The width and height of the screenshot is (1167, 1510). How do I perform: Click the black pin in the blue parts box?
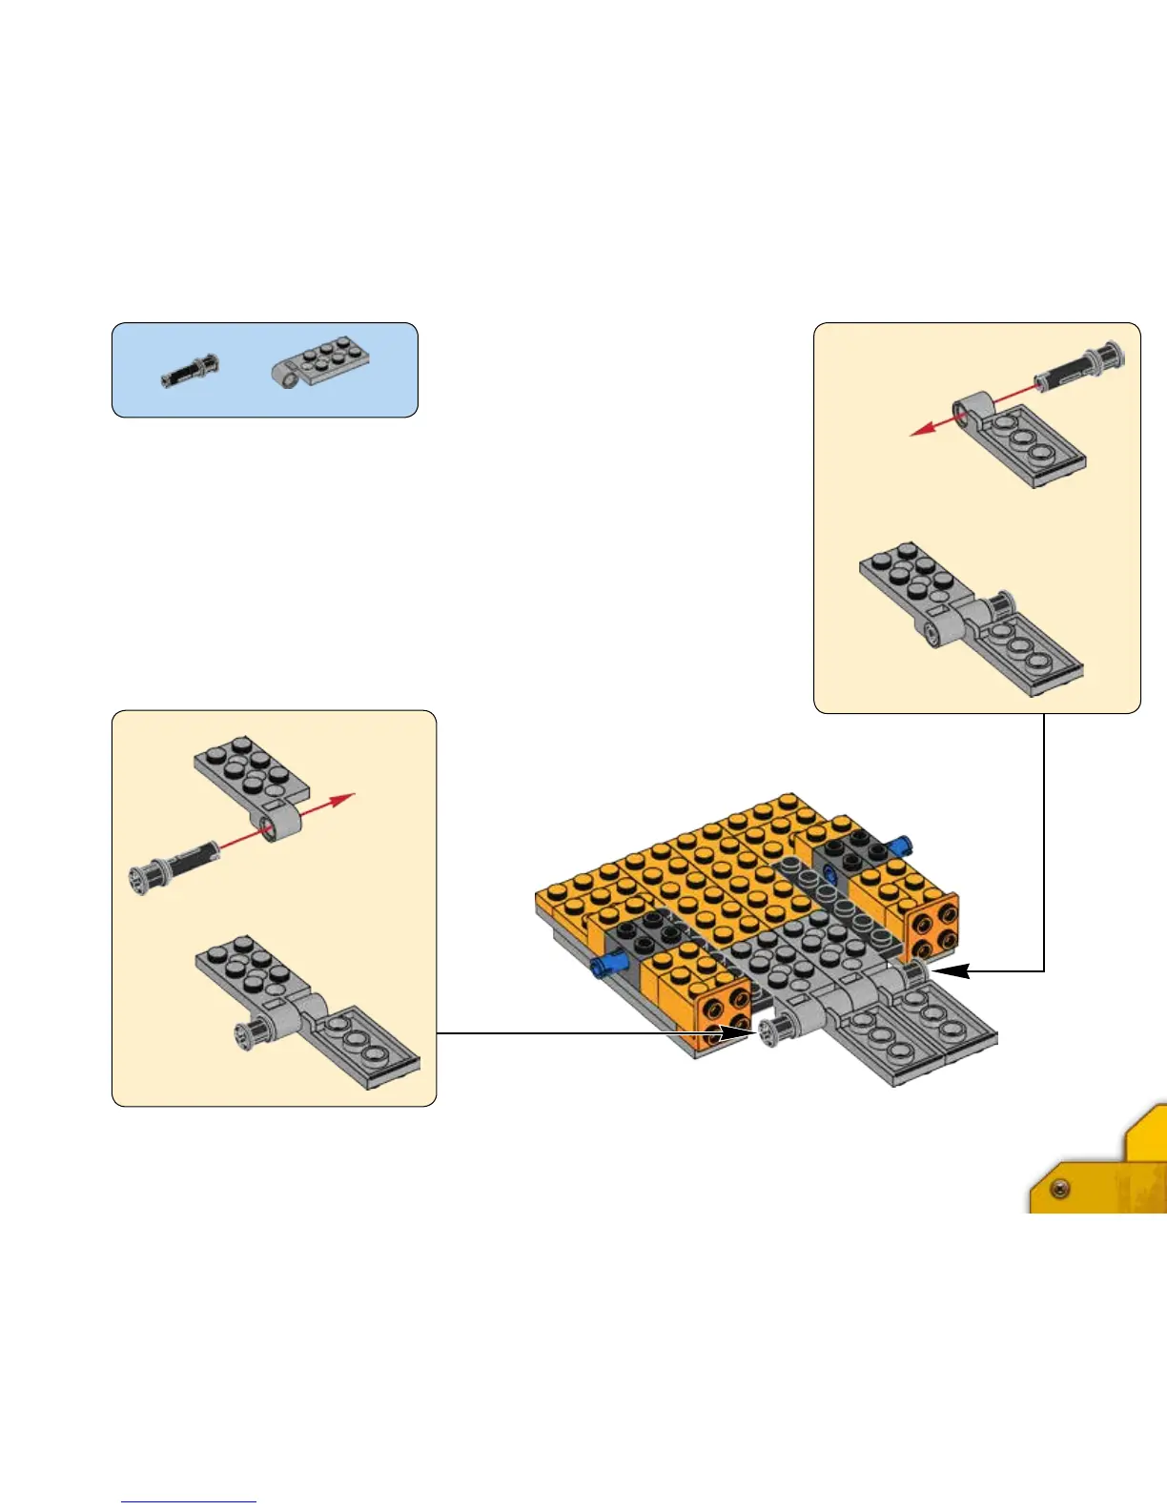190,370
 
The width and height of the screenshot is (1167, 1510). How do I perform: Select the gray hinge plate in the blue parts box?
321,366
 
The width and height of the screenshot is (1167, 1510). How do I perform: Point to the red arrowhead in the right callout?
921,429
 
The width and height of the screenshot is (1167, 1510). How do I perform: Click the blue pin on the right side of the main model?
898,845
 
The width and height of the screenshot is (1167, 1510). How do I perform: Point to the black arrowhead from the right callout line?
953,971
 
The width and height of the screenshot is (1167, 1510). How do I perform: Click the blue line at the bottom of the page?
189,1501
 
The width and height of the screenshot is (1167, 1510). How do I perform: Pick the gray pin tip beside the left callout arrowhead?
774,1030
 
